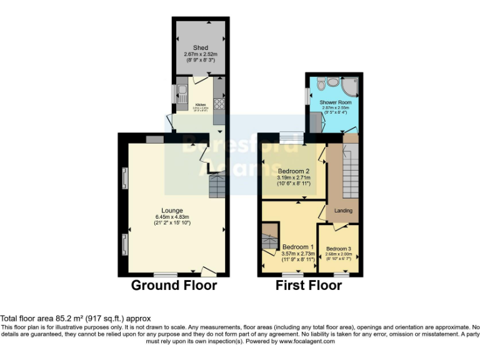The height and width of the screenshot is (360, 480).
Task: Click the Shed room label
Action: point(201,47)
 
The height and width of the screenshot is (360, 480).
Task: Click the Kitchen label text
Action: point(201,104)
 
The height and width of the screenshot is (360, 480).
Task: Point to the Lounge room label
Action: point(172,211)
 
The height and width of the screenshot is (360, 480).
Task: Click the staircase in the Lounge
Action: point(217,186)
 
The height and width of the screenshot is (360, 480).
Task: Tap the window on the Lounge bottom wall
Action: point(166,274)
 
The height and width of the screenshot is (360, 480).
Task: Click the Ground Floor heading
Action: point(174,286)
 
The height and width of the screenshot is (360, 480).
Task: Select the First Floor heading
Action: point(309,286)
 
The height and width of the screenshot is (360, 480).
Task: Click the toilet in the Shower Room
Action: point(321,82)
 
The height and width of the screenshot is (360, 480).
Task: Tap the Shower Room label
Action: point(336,102)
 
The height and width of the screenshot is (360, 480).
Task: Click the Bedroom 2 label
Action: point(294,171)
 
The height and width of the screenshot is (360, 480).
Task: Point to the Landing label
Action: point(343,211)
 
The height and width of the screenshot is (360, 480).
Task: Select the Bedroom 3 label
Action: point(339,248)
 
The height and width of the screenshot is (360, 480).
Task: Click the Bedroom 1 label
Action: point(297,246)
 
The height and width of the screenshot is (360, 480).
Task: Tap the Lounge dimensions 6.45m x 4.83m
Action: point(172,217)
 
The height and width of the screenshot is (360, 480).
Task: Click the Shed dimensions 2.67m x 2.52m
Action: point(201,54)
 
